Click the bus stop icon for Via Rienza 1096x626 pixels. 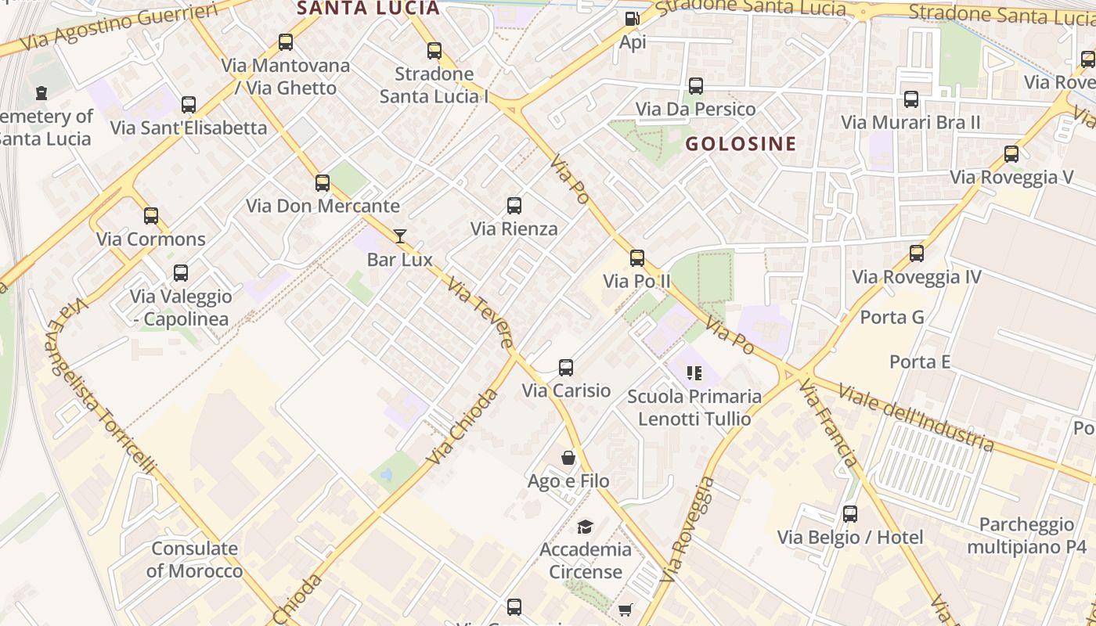pos(514,206)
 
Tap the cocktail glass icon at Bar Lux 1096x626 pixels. pos(400,236)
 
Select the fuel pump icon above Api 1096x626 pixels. pos(632,18)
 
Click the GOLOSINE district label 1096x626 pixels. pos(741,143)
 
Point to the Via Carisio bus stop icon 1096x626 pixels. pos(566,367)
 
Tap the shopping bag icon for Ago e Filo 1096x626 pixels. pos(568,458)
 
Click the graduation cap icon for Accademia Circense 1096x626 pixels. pos(585,527)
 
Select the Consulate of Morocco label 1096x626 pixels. pos(195,559)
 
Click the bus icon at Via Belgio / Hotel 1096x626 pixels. pos(850,514)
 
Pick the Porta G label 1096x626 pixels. pos(892,317)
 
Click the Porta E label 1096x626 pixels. pos(919,362)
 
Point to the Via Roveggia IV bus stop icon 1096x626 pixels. pos(917,254)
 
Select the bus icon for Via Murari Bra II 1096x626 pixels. pos(911,99)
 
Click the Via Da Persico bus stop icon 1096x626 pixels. pos(696,86)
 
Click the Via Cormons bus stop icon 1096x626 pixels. pos(151,216)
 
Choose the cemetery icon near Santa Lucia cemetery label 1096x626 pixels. pos(41,93)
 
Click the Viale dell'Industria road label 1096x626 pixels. pos(915,417)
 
